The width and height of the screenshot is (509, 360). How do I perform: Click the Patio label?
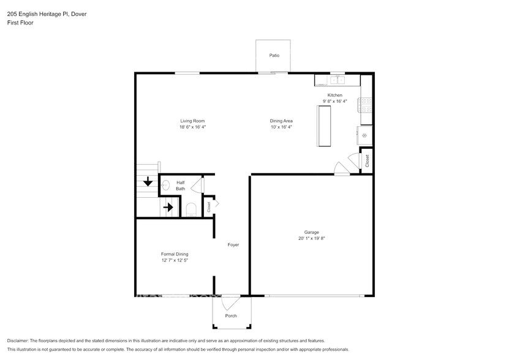[x=274, y=56]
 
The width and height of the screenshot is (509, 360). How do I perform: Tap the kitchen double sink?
[x=337, y=80]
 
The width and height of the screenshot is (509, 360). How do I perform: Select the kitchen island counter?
[x=324, y=126]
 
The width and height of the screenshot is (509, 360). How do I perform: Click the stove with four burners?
[x=366, y=105]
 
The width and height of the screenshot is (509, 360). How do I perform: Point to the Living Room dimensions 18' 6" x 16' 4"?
[x=192, y=127]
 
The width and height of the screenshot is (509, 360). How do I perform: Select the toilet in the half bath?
[x=190, y=210]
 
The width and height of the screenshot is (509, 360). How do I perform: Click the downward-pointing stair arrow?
[x=148, y=182]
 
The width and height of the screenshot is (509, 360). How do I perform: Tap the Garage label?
[x=311, y=232]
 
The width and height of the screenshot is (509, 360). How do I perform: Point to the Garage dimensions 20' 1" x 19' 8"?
[x=311, y=239]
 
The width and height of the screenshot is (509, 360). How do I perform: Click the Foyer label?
[x=233, y=245]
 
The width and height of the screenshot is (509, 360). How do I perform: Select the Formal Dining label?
[x=175, y=254]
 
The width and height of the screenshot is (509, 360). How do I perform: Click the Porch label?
[x=231, y=316]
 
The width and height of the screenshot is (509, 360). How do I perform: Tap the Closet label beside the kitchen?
[x=367, y=161]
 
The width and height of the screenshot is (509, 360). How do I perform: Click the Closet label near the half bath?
[x=209, y=207]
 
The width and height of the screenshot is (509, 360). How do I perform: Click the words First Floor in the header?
[x=20, y=23]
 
